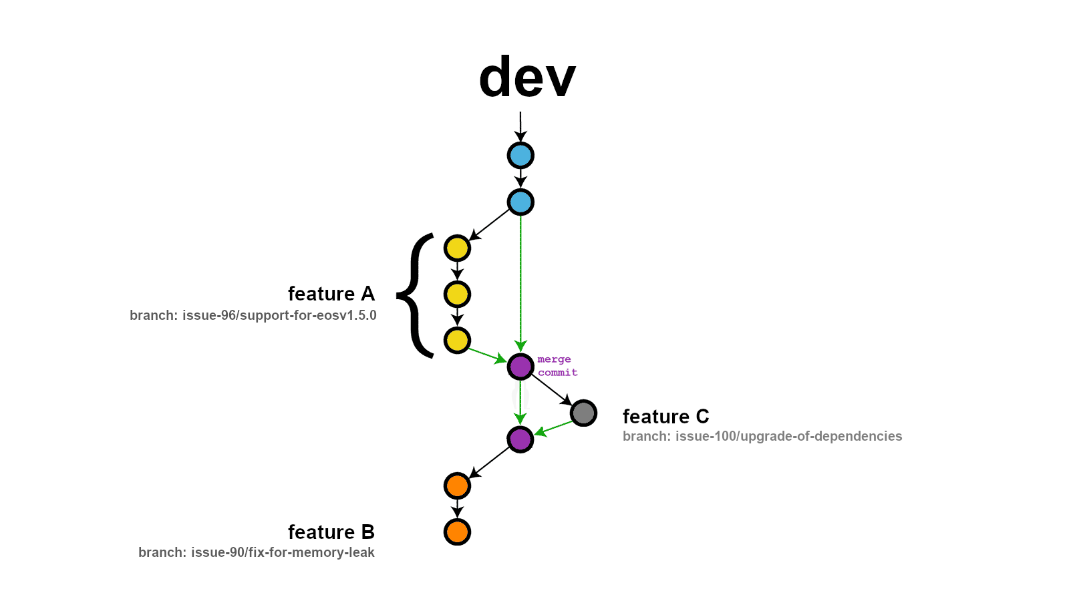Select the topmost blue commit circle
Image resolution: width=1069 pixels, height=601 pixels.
[x=520, y=156]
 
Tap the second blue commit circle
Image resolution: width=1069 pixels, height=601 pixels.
[x=520, y=202]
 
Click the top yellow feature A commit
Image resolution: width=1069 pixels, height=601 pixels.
[x=457, y=248]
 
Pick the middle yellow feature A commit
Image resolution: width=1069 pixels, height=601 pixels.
[x=457, y=294]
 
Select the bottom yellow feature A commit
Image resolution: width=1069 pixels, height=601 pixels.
[x=457, y=341]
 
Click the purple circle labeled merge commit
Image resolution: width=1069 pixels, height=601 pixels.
[x=520, y=367]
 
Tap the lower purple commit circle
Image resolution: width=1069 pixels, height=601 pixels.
[x=520, y=439]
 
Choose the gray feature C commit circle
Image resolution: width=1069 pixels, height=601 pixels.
[x=583, y=413]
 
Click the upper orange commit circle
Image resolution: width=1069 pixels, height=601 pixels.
[x=457, y=485]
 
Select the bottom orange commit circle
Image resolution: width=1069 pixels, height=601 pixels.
[x=457, y=532]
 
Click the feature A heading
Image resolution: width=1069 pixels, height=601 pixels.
[x=331, y=294]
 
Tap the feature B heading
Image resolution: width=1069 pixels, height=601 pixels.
[x=331, y=532]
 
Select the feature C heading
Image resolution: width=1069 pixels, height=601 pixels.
[x=665, y=417]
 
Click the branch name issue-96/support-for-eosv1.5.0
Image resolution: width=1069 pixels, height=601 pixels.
[x=253, y=315]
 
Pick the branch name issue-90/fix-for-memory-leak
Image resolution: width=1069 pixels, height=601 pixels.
[x=257, y=552]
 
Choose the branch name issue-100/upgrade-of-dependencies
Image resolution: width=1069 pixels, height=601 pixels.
[x=762, y=436]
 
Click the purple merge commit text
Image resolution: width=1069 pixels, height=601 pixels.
[x=557, y=366]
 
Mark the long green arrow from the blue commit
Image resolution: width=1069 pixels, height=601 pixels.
[x=520, y=280]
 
